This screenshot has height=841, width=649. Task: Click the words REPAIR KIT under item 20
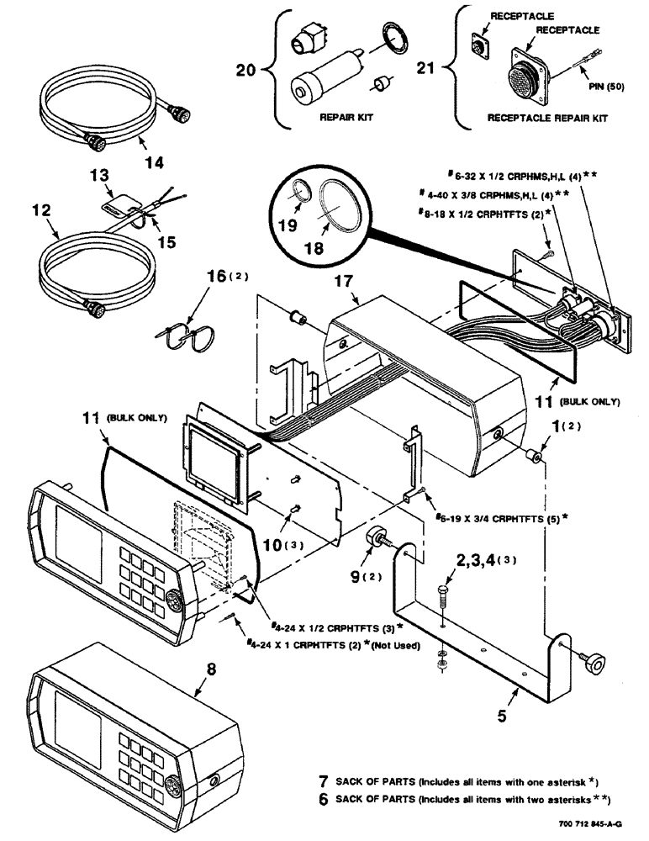[x=346, y=119]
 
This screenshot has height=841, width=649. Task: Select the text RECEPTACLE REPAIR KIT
[x=547, y=119]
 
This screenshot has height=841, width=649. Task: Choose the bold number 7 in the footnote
[x=324, y=781]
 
